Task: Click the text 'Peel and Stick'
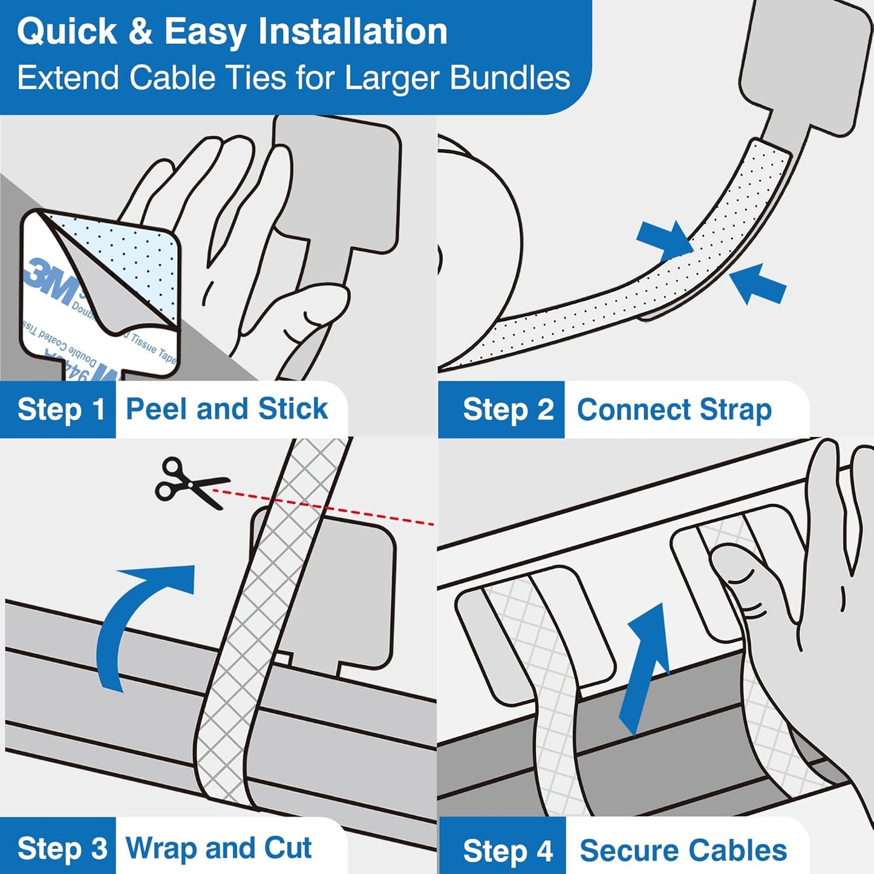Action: coord(226,409)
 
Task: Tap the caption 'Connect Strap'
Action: coord(674,409)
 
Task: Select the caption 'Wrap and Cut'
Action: coord(218,847)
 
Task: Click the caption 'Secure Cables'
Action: coord(683,850)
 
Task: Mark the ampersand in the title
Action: coord(140,31)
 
